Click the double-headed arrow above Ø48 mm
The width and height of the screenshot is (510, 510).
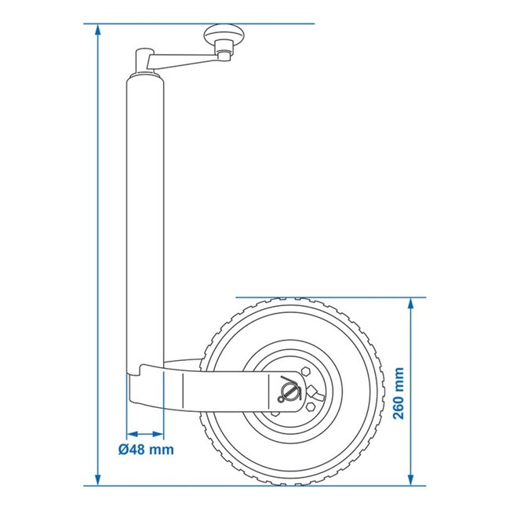pos(145,433)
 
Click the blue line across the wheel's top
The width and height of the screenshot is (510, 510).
pos(330,297)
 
